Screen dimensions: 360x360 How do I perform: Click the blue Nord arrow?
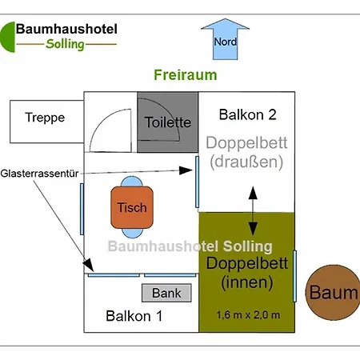tap(225, 40)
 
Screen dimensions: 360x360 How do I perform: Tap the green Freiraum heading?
tap(185, 76)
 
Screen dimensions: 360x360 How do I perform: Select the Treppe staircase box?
tap(45, 118)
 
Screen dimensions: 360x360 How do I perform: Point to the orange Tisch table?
tap(132, 207)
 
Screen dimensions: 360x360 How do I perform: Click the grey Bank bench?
tap(166, 294)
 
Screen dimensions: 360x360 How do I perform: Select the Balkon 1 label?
tap(134, 316)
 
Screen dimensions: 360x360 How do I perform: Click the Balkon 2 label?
tap(247, 114)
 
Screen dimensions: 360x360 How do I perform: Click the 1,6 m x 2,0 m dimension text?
tap(248, 314)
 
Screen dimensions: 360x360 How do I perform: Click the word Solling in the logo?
tap(65, 44)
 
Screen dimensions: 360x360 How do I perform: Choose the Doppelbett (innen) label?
tap(246, 272)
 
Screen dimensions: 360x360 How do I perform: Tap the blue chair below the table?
tap(133, 230)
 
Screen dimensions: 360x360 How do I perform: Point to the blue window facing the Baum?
tap(295, 275)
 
